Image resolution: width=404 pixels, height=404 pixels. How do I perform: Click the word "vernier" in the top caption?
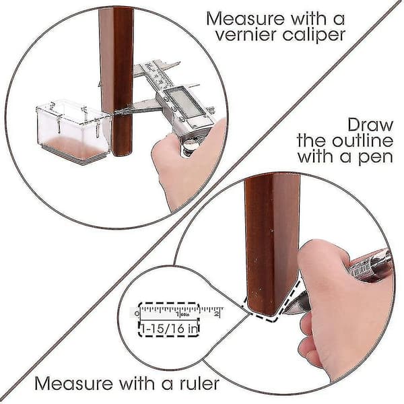[246, 35]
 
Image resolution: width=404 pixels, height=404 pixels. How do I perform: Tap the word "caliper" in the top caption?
[314, 35]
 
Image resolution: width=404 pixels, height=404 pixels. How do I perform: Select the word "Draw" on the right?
[370, 125]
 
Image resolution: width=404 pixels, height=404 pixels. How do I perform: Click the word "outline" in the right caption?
[362, 141]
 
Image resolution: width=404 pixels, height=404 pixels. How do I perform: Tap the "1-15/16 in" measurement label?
[169, 329]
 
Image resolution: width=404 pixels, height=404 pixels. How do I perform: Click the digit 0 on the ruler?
[137, 314]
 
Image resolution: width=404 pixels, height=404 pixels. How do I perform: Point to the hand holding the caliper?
[187, 165]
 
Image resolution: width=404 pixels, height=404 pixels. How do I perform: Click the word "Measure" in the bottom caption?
[74, 384]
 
